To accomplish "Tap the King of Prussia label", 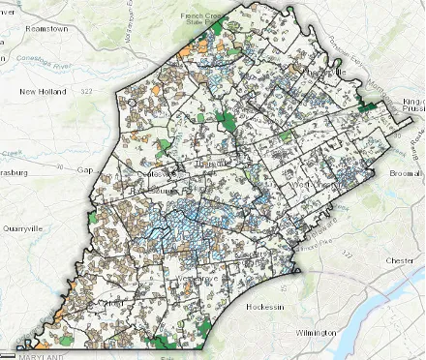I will (411, 105).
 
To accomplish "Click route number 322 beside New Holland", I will (86, 90).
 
